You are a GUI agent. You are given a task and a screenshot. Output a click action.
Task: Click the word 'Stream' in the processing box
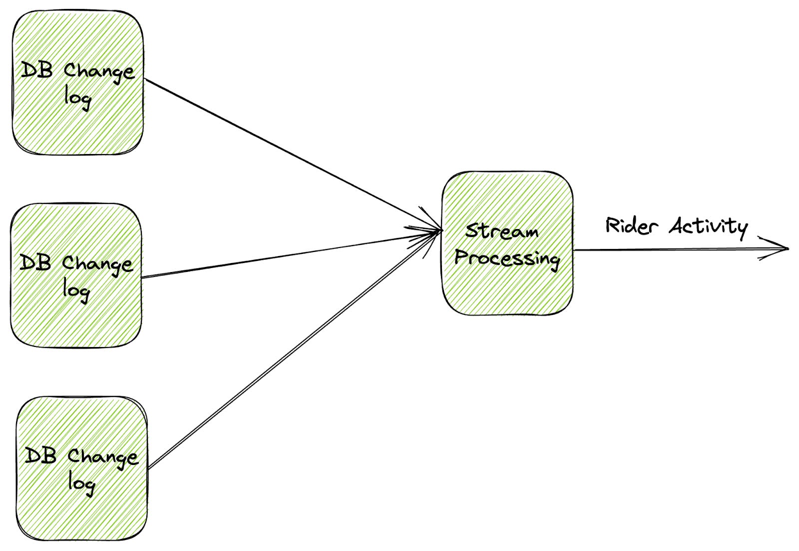click(502, 232)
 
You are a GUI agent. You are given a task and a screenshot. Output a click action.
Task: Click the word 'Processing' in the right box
click(507, 258)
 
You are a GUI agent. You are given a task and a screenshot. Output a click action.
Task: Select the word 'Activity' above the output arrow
click(708, 226)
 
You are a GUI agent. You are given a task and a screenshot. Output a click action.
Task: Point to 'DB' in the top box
click(36, 70)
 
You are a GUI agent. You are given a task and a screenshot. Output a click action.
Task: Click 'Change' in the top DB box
click(99, 71)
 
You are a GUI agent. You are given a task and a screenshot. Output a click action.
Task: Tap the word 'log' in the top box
click(77, 97)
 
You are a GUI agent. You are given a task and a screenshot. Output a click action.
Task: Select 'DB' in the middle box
click(35, 262)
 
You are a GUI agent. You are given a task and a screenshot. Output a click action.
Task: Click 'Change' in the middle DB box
click(97, 263)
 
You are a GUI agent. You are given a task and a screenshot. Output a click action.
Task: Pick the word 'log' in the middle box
click(76, 290)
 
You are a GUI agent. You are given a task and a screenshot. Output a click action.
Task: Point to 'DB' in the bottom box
click(40, 455)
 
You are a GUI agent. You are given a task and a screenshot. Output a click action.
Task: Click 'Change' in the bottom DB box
click(102, 456)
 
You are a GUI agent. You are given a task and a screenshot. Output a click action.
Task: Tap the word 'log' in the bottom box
click(81, 483)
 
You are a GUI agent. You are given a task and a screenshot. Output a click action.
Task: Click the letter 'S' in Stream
click(472, 231)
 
